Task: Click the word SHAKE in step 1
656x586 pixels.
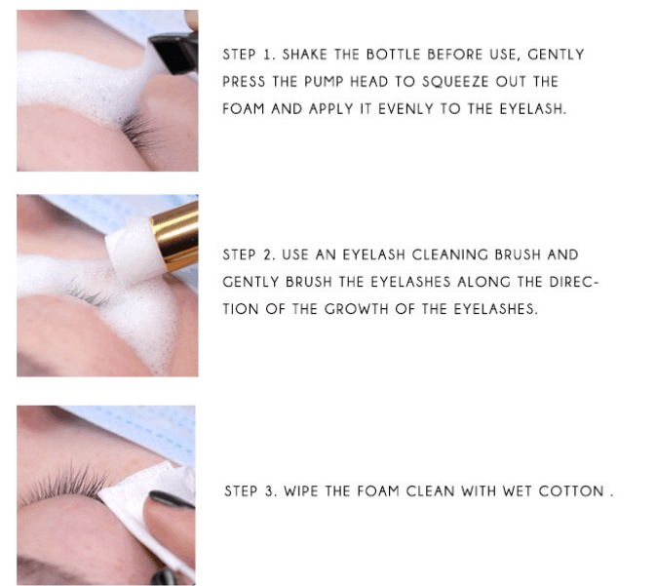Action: (304, 55)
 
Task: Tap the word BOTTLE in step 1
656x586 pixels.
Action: (393, 55)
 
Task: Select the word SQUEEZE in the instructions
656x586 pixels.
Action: (455, 82)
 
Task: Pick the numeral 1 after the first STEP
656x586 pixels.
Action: (267, 55)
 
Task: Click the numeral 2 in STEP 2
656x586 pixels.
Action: (268, 254)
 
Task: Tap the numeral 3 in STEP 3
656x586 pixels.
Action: (269, 491)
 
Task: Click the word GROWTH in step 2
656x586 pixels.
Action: (356, 309)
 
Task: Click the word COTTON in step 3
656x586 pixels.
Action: (571, 491)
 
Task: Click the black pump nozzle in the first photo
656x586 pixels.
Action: (174, 53)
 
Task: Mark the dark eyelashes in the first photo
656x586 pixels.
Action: (142, 128)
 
